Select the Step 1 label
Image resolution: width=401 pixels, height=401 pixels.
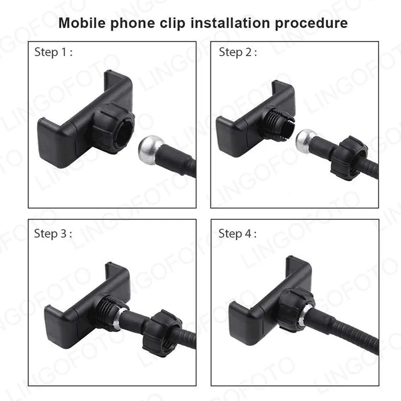coord(53,53)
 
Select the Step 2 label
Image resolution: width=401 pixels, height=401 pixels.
coord(238,53)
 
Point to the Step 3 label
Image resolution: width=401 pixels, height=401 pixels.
coord(53,233)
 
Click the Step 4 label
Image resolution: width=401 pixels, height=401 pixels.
coord(238,233)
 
